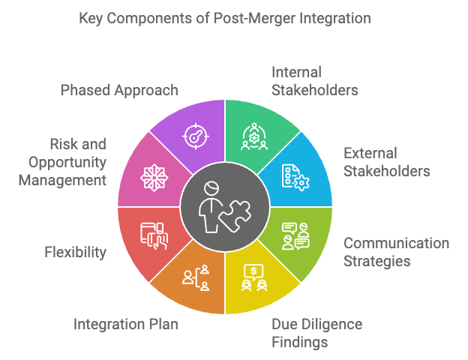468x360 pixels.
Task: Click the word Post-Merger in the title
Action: click(254, 19)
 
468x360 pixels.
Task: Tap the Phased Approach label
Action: click(119, 91)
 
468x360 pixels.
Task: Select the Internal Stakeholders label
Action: click(314, 81)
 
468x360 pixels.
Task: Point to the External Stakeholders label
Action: click(386, 162)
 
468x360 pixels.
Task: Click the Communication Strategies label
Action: click(396, 252)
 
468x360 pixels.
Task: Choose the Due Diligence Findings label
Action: click(316, 333)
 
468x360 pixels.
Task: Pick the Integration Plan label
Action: click(126, 324)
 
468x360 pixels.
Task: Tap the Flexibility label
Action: click(75, 252)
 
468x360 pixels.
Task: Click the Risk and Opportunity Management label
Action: click(62, 162)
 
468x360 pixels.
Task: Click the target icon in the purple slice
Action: click(196, 136)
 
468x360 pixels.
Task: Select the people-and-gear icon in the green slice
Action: click(254, 136)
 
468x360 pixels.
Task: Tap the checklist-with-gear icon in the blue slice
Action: click(295, 178)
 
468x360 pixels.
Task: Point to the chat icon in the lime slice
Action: click(295, 236)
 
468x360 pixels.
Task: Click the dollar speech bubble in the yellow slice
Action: click(253, 271)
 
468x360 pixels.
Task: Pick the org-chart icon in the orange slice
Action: click(196, 277)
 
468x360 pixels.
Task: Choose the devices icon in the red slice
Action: click(154, 235)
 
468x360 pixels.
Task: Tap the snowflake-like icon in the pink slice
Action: click(154, 178)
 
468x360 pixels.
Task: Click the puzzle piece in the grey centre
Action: click(235, 215)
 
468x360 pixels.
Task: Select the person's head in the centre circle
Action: click(211, 188)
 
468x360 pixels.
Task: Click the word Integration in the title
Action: click(335, 19)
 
